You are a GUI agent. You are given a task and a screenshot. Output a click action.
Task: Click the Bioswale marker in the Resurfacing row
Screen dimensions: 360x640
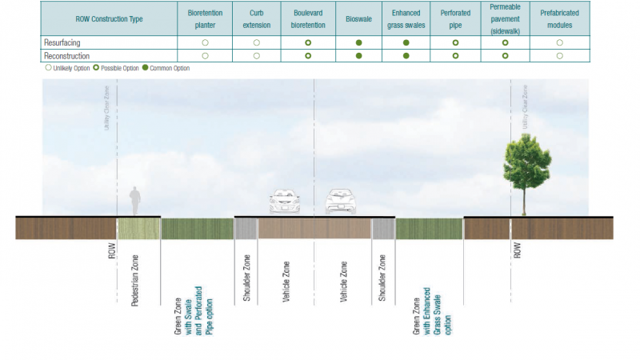[x=359, y=42]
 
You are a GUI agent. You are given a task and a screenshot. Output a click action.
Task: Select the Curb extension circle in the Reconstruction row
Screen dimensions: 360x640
[x=257, y=56]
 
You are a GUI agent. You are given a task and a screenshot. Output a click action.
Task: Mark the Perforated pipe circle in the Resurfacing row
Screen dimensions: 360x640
[x=455, y=42]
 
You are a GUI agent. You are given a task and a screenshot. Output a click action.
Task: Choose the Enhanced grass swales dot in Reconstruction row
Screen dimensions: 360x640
[x=406, y=56]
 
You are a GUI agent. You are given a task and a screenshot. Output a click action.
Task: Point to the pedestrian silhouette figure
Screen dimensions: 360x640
[x=135, y=201]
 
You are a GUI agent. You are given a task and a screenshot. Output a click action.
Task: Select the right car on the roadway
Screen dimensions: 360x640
[x=340, y=202]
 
